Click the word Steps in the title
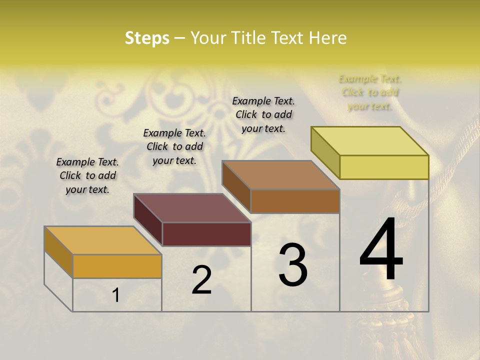(x=147, y=38)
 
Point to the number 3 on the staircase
(x=293, y=265)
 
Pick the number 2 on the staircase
(x=201, y=280)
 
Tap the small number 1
(x=116, y=295)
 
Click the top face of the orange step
(x=102, y=240)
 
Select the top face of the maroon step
(x=192, y=208)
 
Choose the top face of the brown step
(x=280, y=175)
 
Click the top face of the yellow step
(x=370, y=141)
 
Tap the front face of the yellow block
(x=384, y=167)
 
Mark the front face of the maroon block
(x=206, y=234)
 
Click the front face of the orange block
(x=117, y=266)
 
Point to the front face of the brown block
(x=295, y=201)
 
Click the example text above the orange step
(x=87, y=175)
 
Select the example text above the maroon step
(x=174, y=146)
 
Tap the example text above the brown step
(x=263, y=114)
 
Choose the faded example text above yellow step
(x=370, y=92)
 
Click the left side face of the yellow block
(x=325, y=152)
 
